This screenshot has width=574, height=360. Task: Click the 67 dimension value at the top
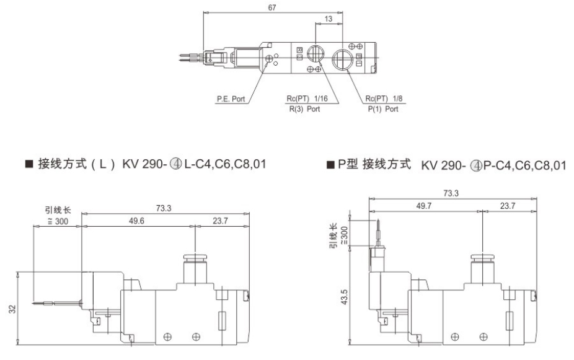[273, 8]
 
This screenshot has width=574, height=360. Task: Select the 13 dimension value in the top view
[328, 19]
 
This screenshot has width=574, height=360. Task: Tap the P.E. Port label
[229, 99]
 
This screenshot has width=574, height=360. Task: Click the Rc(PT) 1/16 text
[307, 99]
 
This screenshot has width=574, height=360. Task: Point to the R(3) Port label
[305, 109]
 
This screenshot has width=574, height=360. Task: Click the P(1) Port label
[382, 109]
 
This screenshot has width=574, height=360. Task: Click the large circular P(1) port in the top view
[342, 60]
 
